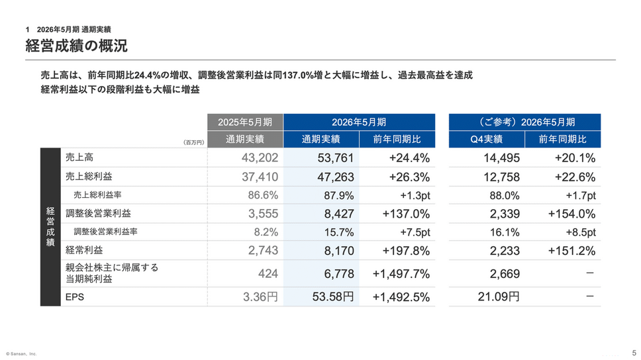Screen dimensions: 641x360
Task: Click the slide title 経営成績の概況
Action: [x=76, y=46]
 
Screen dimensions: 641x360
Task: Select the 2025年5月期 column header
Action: [x=245, y=122]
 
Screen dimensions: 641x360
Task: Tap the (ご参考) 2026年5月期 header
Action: [x=525, y=122]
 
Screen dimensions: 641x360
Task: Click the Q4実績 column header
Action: [x=487, y=140]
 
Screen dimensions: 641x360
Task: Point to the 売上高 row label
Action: [x=79, y=157]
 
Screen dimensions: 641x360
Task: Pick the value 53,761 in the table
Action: [x=335, y=157]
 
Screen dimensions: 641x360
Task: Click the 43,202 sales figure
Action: [x=260, y=157]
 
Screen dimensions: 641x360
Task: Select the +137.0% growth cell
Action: [x=406, y=214]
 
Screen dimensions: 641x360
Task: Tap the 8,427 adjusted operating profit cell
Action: [x=339, y=214]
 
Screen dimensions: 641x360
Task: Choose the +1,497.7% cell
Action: [x=401, y=274]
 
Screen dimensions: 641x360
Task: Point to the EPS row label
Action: [x=75, y=297]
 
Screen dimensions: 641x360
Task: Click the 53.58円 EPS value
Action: [x=333, y=296]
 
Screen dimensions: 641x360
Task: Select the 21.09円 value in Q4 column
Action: [x=499, y=296]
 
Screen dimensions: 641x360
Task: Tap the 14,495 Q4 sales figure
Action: [x=501, y=157]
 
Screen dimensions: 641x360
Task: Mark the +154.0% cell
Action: [x=571, y=214]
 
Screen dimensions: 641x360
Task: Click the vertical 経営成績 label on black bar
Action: [x=50, y=227]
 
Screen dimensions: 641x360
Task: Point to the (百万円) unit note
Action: [x=194, y=143]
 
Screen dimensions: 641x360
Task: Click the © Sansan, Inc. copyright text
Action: [x=21, y=354]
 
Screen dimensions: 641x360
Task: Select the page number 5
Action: [x=634, y=353]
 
